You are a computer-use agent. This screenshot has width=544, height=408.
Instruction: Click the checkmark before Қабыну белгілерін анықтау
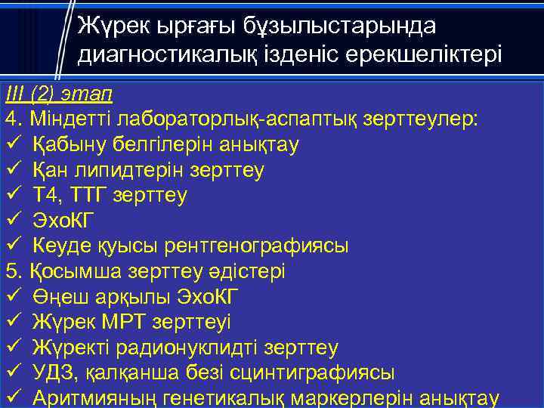[x=12, y=144]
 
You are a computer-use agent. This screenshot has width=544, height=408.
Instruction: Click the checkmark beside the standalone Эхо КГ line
[x=12, y=221]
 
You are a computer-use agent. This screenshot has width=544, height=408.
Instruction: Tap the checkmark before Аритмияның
[x=12, y=398]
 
